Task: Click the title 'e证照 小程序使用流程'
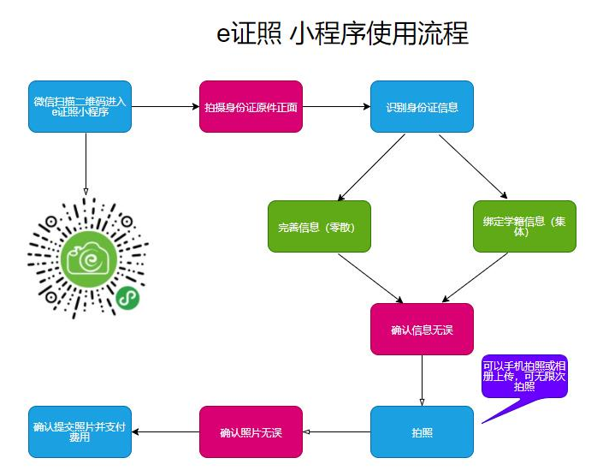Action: pos(342,33)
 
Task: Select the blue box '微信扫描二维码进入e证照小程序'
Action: pos(80,107)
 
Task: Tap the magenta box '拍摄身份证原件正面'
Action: pos(251,107)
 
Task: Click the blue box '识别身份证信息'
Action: pos(422,107)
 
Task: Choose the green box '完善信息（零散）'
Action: pos(319,227)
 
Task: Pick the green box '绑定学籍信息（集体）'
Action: pos(524,227)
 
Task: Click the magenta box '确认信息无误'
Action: pos(422,329)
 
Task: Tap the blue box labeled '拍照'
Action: pos(422,431)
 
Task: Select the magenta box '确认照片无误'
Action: pos(251,431)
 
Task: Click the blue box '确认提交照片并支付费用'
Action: pos(80,431)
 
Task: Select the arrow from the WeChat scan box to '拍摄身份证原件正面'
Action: pos(165,107)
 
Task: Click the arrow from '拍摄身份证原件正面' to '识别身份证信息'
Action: pos(336,107)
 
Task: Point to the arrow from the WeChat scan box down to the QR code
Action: pos(86,163)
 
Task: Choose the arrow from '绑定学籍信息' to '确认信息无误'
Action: pos(472,277)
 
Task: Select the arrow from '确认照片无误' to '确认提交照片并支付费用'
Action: pos(165,431)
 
